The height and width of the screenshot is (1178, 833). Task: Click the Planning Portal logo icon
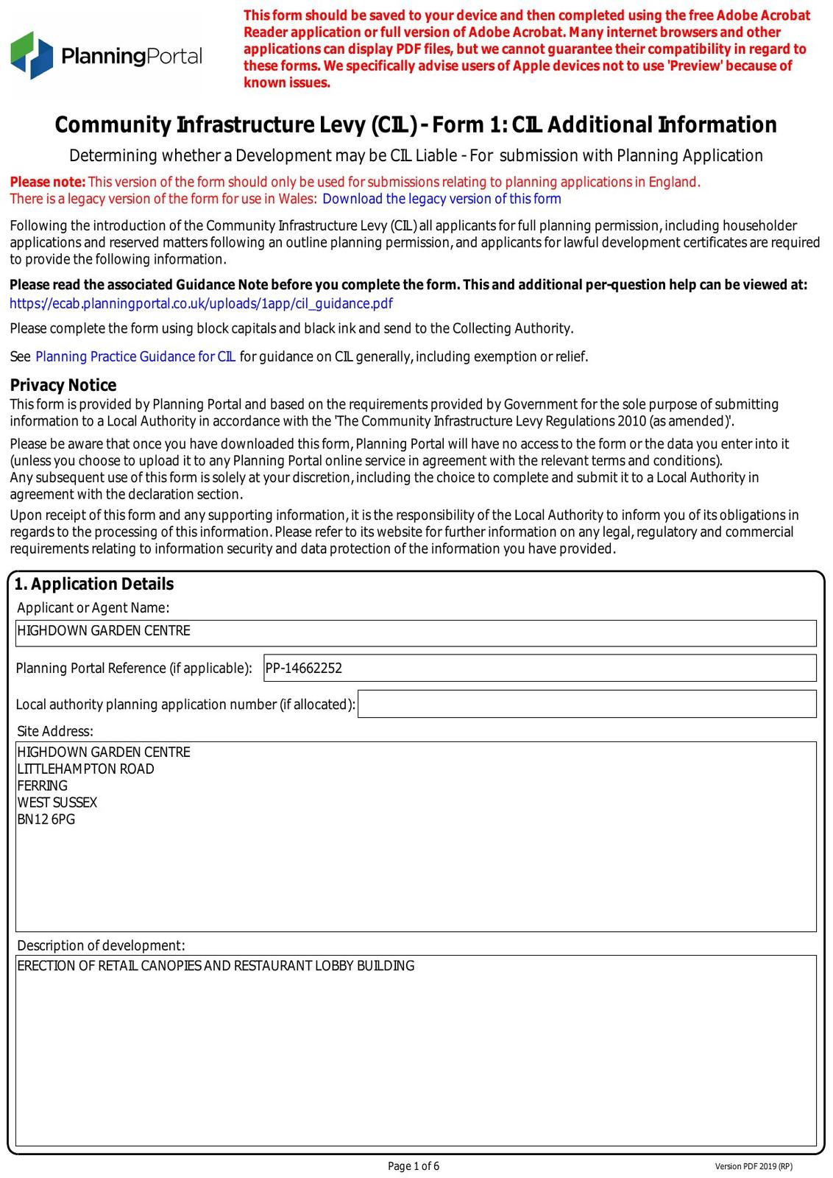point(32,55)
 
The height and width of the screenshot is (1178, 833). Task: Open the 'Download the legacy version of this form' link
point(442,199)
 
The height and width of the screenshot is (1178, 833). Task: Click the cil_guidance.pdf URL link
point(201,303)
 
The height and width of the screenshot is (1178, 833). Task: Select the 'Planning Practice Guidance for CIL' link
point(135,357)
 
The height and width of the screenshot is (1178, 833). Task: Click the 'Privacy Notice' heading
point(63,385)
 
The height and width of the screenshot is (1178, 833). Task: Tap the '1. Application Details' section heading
point(94,584)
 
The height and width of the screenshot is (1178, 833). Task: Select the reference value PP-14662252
point(304,669)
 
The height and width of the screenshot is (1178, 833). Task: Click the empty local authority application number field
point(586,704)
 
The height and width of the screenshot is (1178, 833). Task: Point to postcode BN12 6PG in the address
point(46,819)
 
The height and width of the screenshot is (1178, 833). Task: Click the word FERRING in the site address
point(43,786)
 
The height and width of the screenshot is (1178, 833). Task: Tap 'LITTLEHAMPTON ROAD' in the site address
point(85,769)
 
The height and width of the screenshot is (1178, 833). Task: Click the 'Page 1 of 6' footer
point(414,1165)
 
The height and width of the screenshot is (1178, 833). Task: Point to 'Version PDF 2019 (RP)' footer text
point(754,1166)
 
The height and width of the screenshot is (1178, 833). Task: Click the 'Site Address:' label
point(55,731)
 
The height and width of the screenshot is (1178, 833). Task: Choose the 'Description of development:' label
point(102,945)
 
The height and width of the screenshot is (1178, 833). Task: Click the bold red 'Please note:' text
point(48,182)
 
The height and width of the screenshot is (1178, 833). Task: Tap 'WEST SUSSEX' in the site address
point(57,803)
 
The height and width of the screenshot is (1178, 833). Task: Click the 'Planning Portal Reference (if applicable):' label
point(134,669)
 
